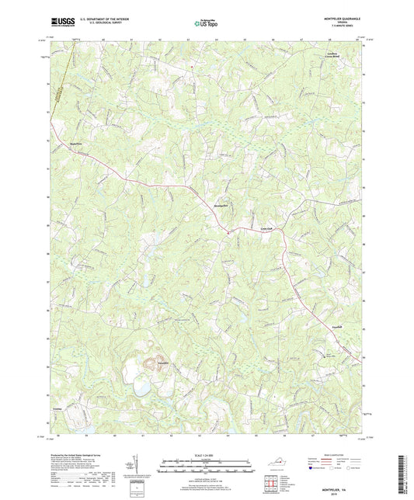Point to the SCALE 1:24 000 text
[x=207, y=456]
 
